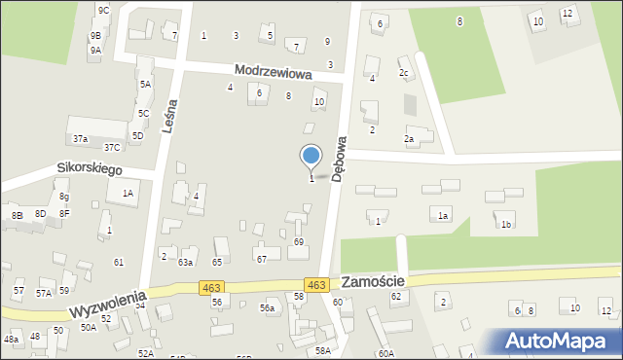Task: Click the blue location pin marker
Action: point(311,157)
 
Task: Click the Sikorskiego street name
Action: point(89,168)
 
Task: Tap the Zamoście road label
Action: point(373,281)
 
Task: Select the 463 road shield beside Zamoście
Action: point(315,284)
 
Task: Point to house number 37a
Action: point(80,139)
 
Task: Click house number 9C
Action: point(103,10)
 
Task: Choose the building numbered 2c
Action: point(404,73)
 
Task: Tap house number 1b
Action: point(505,225)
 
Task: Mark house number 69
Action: point(299,241)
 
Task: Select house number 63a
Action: point(186,262)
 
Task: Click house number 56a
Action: point(267,307)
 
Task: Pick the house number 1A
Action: point(128,194)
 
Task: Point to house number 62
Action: point(396,295)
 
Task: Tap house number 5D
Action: point(138,135)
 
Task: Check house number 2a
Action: point(410,139)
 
